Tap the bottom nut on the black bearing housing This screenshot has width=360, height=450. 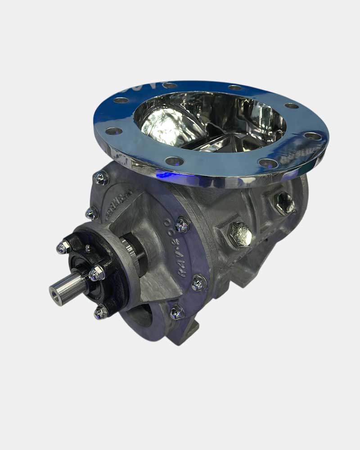101,311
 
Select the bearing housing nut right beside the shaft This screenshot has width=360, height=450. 96,273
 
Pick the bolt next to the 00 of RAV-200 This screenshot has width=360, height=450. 182,224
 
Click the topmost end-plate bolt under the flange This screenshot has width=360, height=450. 101,178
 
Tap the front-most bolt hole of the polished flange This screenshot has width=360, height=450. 174,161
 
